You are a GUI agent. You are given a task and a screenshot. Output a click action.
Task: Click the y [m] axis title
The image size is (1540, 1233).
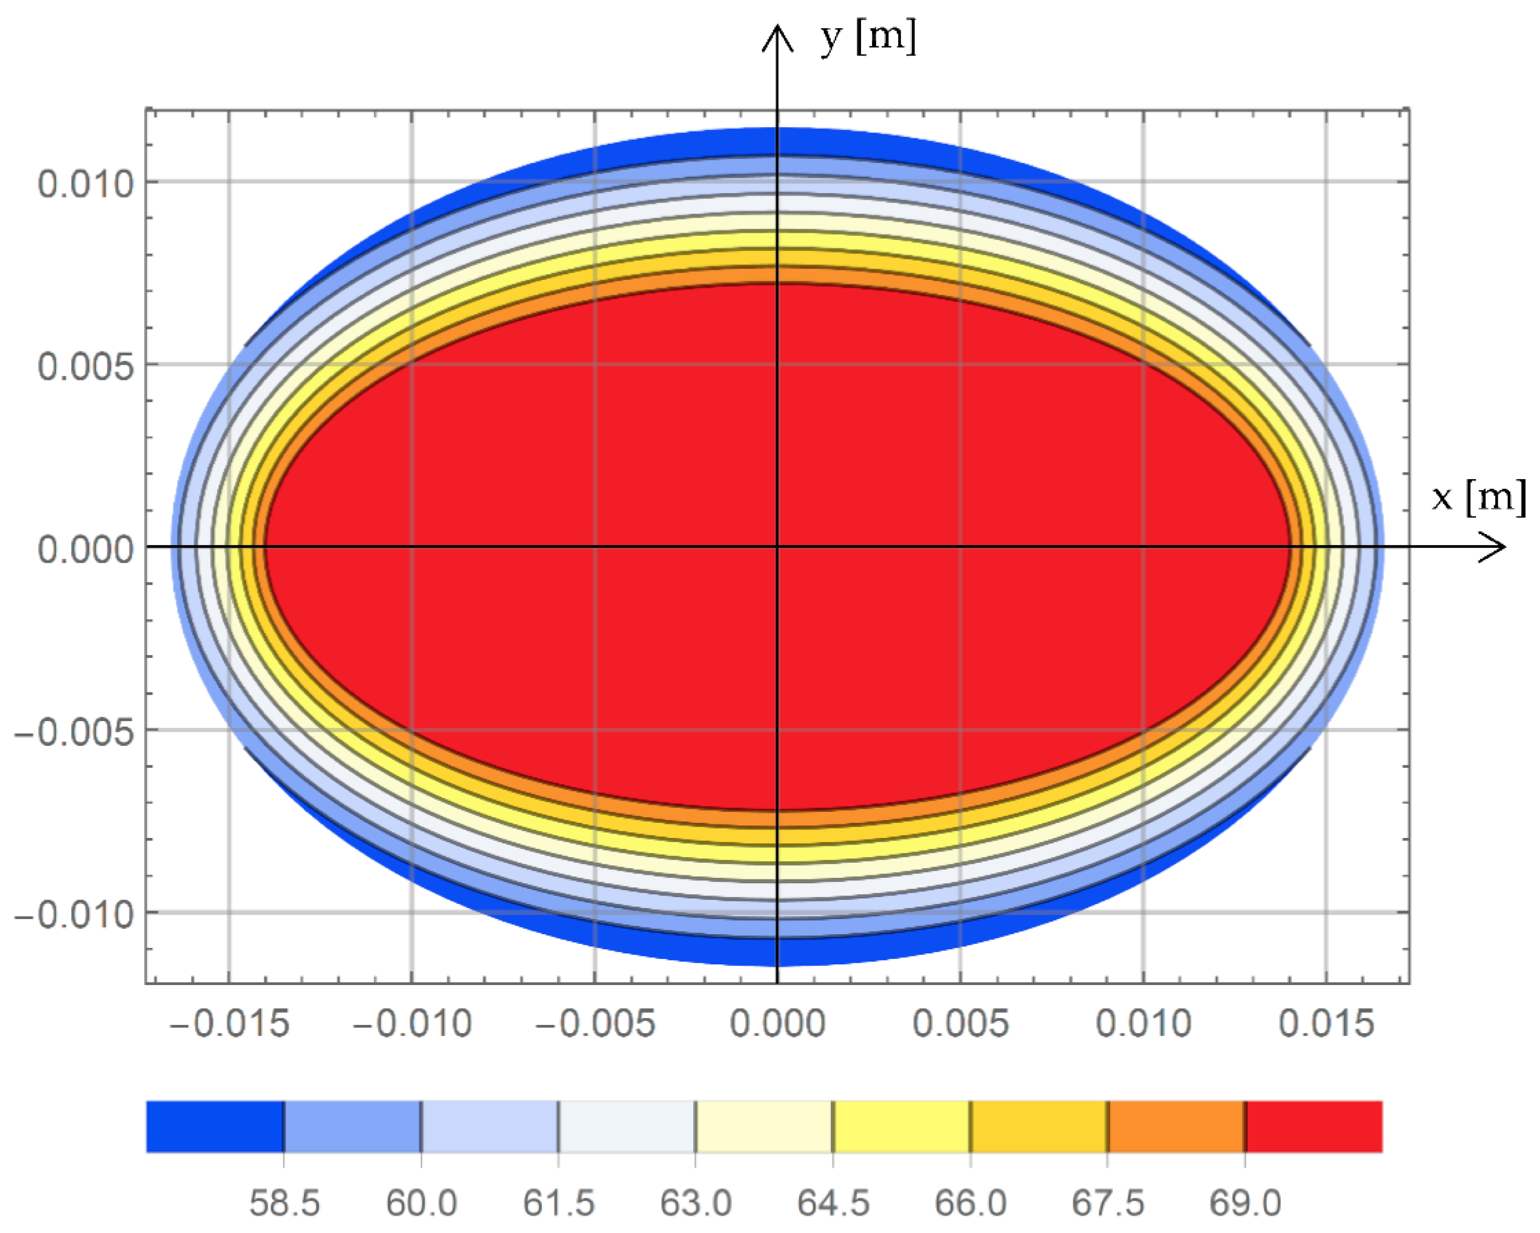point(868,37)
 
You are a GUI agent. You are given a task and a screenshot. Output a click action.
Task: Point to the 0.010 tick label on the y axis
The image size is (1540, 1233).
point(86,184)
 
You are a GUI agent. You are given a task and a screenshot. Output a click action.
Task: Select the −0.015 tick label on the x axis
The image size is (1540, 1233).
point(229,1023)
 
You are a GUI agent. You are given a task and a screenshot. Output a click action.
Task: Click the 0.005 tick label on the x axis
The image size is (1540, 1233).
point(961,1023)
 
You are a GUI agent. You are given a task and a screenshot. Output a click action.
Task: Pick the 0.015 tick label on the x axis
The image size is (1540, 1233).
point(1326,1023)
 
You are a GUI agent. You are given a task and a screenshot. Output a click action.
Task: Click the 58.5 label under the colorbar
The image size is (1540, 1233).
point(284,1203)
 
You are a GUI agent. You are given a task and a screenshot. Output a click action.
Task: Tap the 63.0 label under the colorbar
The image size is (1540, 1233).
point(696,1203)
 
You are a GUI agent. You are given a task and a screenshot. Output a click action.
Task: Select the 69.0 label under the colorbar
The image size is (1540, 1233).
point(1245,1203)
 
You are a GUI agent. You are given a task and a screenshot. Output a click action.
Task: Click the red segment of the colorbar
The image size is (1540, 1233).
point(1314,1127)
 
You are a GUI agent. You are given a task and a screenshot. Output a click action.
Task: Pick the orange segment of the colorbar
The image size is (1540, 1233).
point(1177,1127)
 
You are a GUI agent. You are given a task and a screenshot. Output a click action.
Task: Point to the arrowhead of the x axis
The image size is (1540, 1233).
point(1497,547)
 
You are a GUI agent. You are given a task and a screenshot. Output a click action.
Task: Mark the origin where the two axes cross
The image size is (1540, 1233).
point(777,547)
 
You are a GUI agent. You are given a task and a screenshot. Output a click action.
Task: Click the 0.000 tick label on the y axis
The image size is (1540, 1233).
point(86,550)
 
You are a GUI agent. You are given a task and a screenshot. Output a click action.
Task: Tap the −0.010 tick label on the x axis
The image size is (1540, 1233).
point(412,1023)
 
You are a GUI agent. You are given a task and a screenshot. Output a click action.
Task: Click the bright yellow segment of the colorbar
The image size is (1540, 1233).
point(901,1127)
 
